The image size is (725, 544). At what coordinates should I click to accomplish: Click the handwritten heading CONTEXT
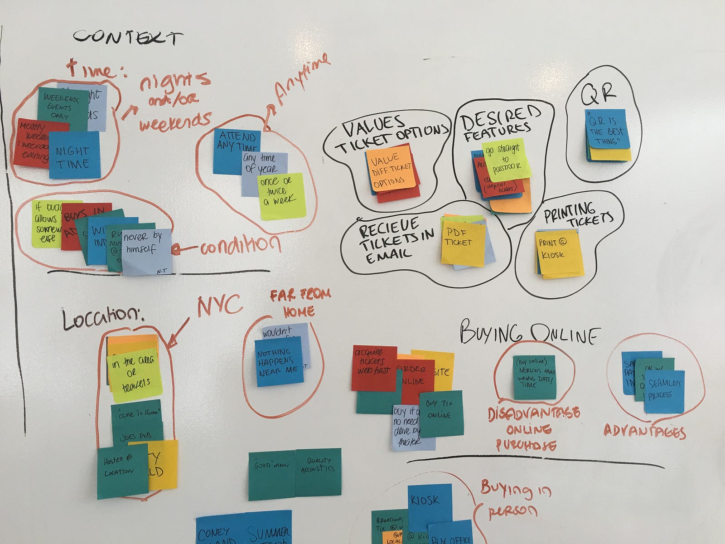[x=128, y=37]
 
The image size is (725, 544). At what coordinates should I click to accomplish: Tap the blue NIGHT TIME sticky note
[x=74, y=156]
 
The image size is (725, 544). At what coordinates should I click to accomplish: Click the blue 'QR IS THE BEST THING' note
[x=607, y=129]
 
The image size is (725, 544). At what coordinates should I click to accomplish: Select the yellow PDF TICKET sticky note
[x=462, y=243]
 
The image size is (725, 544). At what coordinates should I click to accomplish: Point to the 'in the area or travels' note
[x=135, y=374]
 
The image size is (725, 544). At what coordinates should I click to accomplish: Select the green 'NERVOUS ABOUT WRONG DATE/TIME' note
[x=535, y=377]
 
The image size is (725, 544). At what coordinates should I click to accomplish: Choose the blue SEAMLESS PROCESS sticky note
[x=664, y=391]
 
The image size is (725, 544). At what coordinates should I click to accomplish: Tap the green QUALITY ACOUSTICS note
[x=318, y=471]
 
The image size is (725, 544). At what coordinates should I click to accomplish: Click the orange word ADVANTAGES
[x=644, y=431]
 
